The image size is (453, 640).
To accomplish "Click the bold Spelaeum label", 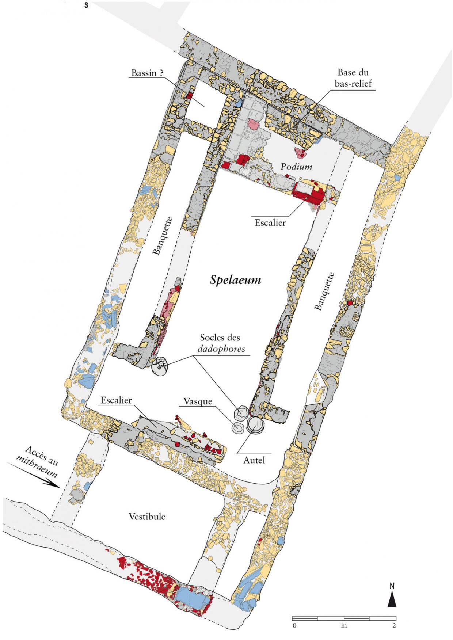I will (x=235, y=280).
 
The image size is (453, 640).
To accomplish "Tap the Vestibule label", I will (x=147, y=517).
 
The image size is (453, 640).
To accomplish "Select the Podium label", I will (x=296, y=167).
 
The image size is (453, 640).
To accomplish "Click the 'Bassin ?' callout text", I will (x=147, y=73).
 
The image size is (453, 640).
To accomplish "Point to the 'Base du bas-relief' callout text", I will (x=353, y=78).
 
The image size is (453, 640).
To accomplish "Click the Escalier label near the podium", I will (x=270, y=223).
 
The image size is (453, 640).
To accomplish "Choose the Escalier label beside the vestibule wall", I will (x=116, y=400).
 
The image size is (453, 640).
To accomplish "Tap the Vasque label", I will (x=198, y=401).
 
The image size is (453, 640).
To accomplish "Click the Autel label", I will (x=254, y=460).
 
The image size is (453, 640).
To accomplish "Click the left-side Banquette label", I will (x=162, y=236).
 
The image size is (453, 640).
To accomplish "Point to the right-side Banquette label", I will (x=324, y=291).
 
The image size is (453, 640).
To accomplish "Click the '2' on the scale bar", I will (x=394, y=626).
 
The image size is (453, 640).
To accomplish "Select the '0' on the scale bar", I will (x=294, y=626).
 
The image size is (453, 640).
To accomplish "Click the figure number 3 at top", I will (x=86, y=5).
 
